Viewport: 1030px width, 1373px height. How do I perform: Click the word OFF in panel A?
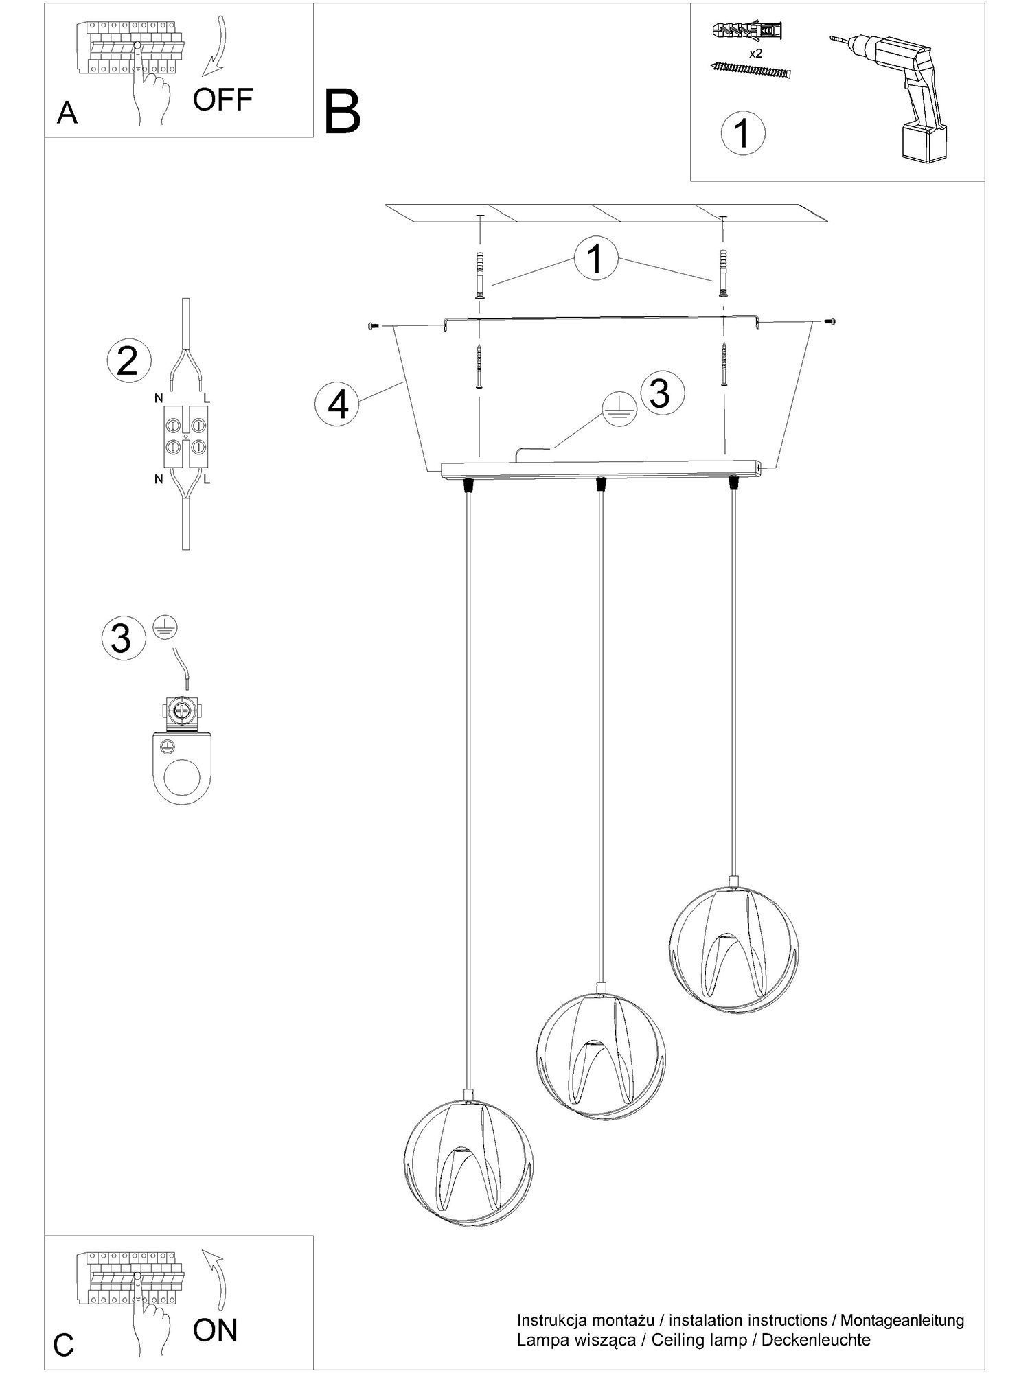pyautogui.click(x=223, y=100)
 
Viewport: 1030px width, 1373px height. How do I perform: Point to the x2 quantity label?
pyautogui.click(x=755, y=53)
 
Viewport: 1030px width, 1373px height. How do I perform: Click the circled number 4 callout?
pyautogui.click(x=338, y=404)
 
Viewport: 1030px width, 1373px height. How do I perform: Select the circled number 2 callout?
pyautogui.click(x=128, y=361)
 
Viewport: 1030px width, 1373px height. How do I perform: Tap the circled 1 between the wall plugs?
pyautogui.click(x=596, y=259)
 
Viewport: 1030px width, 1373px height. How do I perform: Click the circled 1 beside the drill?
pyautogui.click(x=743, y=132)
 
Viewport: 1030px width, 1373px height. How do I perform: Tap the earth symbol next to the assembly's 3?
pyautogui.click(x=617, y=410)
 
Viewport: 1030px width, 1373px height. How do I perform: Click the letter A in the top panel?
pyautogui.click(x=67, y=113)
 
